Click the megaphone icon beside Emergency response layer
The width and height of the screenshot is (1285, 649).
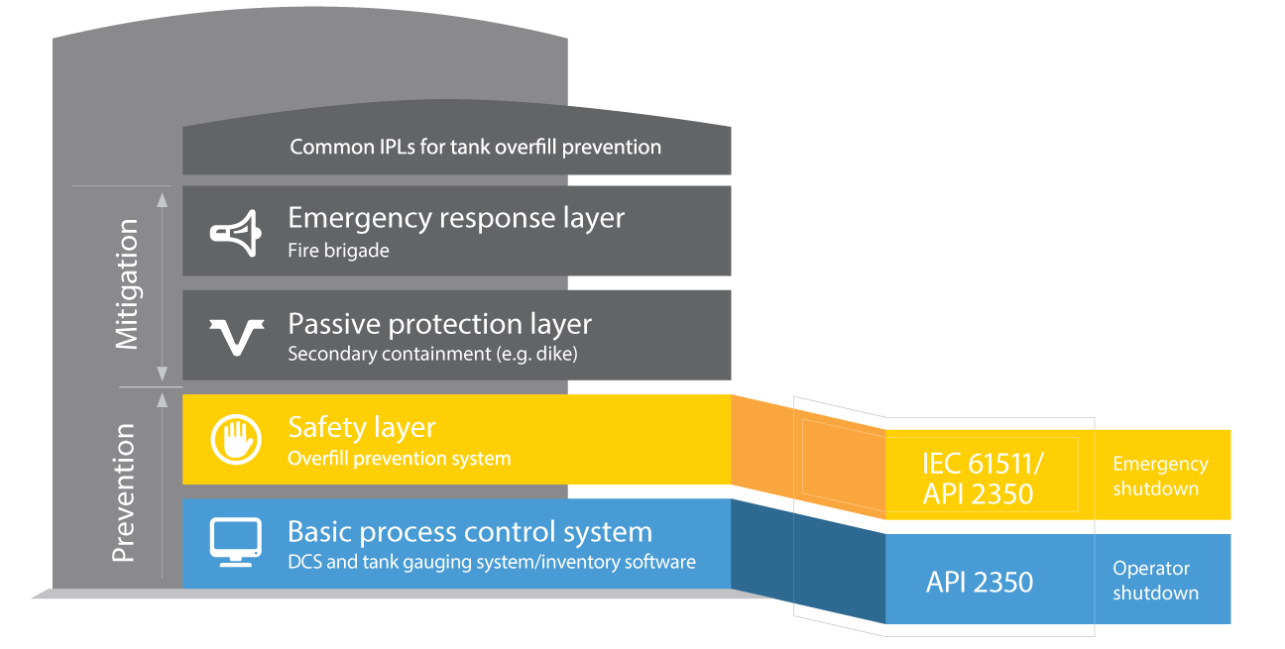234,230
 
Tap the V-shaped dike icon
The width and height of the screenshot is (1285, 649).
235,336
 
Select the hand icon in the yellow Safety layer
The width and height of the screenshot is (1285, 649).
235,440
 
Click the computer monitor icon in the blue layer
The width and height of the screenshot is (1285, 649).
235,542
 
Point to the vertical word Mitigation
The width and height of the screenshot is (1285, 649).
127,284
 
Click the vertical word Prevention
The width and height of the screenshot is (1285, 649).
124,493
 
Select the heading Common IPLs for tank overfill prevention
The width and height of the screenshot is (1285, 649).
475,148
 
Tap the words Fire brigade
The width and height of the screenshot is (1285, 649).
338,251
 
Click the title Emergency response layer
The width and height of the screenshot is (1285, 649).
456,218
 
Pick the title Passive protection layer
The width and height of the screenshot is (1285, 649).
439,324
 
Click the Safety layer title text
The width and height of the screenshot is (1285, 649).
361,428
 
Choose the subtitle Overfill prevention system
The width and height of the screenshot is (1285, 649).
399,459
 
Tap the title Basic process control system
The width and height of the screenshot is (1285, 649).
469,532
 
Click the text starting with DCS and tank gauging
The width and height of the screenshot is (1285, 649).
491,563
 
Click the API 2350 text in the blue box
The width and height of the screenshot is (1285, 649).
979,583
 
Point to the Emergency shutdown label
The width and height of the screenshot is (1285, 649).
1159,477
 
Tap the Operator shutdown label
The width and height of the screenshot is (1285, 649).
1154,581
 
